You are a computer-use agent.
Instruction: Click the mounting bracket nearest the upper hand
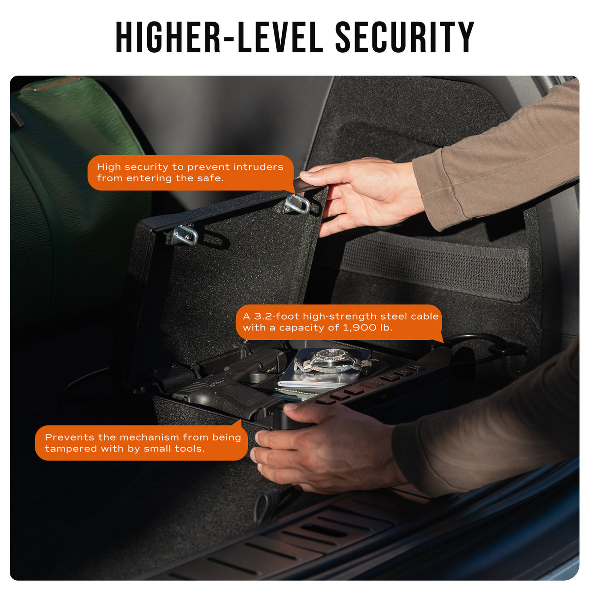[297, 203]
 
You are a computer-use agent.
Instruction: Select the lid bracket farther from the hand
[185, 234]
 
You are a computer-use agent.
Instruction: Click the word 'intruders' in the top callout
[258, 167]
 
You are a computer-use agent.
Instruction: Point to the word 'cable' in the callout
[425, 316]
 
